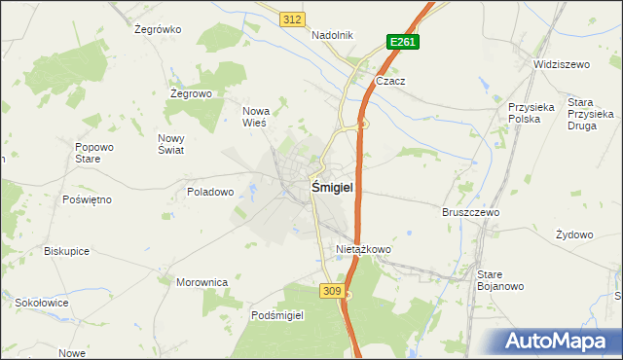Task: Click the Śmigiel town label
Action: [x=332, y=187]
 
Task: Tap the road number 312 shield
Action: [x=291, y=19]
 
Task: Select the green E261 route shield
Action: [x=402, y=42]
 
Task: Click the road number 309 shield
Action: [x=331, y=290]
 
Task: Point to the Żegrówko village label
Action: [x=158, y=29]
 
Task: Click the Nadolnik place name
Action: [x=332, y=35]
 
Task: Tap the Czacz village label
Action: [x=390, y=82]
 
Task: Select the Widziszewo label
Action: [x=562, y=64]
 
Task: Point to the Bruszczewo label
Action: [x=470, y=212]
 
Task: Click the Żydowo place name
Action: [x=574, y=234]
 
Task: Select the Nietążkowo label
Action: [x=363, y=249]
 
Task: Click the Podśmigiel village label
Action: [x=277, y=315]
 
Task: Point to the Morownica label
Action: [x=202, y=282]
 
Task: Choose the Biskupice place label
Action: [x=66, y=250]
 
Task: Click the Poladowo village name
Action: [x=210, y=192]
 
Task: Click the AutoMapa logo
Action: [x=558, y=342]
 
